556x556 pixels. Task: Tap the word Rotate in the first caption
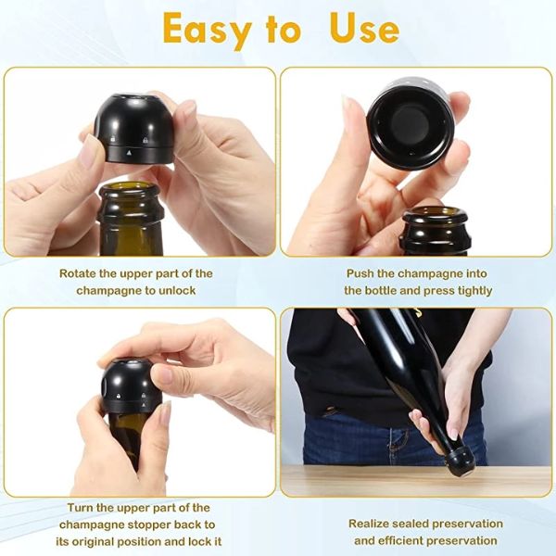pos(81,273)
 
